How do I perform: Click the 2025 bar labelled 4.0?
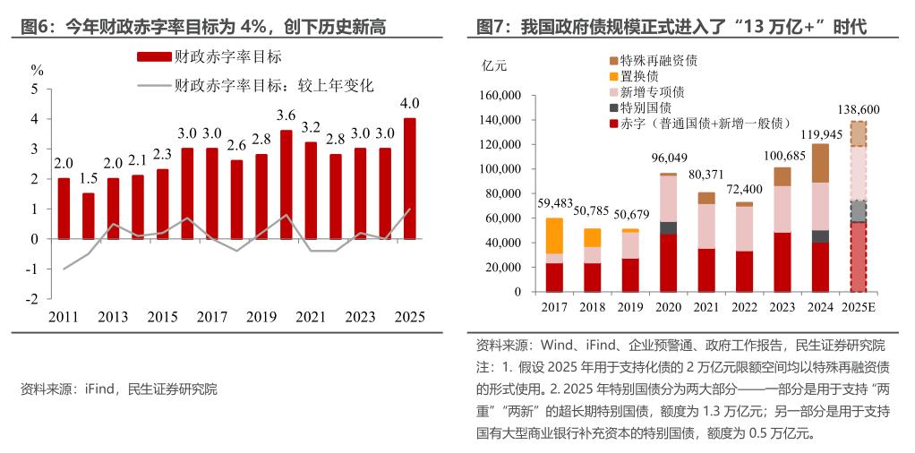[409, 178]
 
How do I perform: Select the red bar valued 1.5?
[88, 216]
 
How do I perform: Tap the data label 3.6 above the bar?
[286, 115]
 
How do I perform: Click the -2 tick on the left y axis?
[33, 299]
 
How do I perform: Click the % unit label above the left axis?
[37, 70]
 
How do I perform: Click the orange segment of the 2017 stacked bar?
[554, 235]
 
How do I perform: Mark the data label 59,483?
[554, 203]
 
